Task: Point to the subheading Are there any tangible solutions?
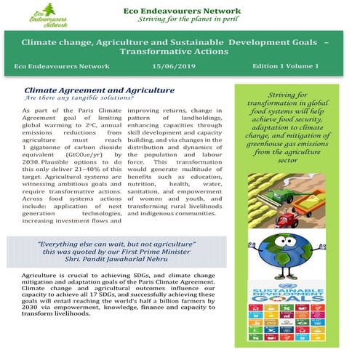[74, 97]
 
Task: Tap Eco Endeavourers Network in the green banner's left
[55, 66]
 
